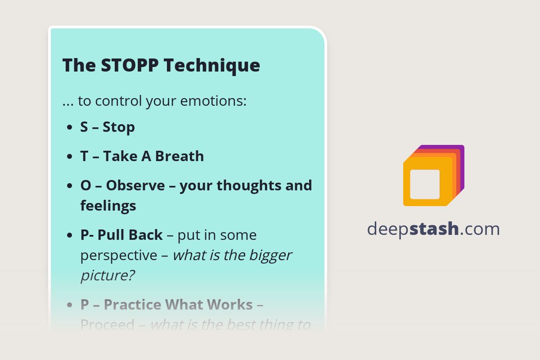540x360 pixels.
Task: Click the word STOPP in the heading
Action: (130, 65)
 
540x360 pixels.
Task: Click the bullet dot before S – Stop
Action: (70, 128)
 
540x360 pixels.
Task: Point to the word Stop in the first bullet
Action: (119, 127)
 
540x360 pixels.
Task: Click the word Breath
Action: (180, 156)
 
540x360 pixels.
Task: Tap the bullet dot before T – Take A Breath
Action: (70, 157)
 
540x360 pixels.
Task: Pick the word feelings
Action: (108, 206)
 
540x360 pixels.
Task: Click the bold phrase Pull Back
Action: (130, 235)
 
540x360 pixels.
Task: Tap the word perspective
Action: (119, 255)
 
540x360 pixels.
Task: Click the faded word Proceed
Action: (108, 325)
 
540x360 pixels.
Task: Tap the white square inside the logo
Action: (425, 184)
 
